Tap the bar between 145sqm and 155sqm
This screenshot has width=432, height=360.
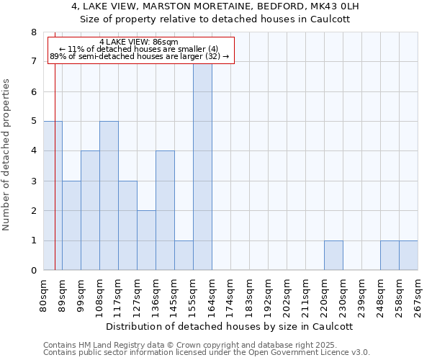[x=184, y=256]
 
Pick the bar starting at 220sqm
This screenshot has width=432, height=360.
[x=333, y=256]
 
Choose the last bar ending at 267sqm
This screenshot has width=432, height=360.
[x=408, y=256]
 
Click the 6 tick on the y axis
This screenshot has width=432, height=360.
[x=33, y=91]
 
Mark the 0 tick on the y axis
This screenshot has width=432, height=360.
[x=33, y=271]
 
